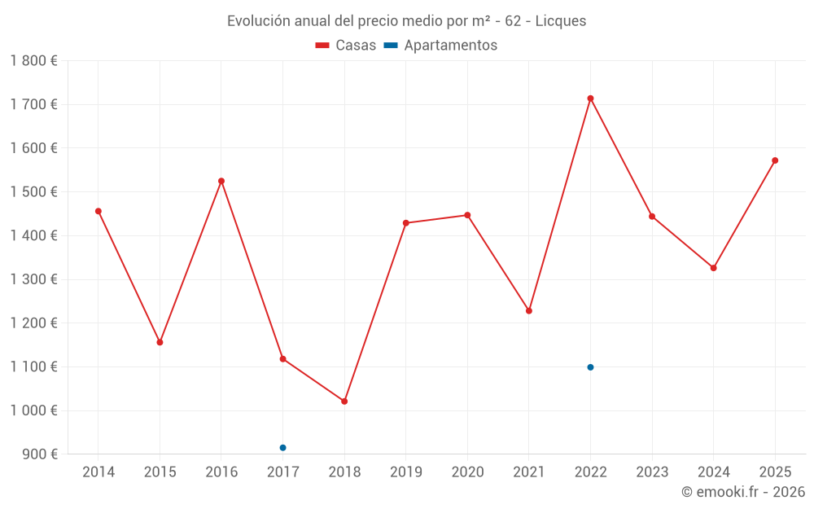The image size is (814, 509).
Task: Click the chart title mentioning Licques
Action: pyautogui.click(x=406, y=21)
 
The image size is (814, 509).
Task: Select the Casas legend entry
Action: pyautogui.click(x=346, y=46)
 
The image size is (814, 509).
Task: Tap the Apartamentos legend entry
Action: pyautogui.click(x=440, y=46)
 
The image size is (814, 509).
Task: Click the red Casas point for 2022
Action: pyautogui.click(x=590, y=99)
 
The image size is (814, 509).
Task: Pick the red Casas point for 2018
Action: pyautogui.click(x=344, y=401)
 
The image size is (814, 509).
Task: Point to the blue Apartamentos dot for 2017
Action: pyautogui.click(x=282, y=448)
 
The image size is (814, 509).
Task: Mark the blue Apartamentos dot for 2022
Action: pyautogui.click(x=590, y=367)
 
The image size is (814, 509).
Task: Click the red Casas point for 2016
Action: pyautogui.click(x=221, y=181)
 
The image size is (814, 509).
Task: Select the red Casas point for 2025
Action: pyautogui.click(x=775, y=160)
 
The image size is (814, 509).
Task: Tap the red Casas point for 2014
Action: pyautogui.click(x=98, y=211)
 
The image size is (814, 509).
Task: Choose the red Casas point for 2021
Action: pyautogui.click(x=529, y=311)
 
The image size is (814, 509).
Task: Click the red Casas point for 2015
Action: pyautogui.click(x=160, y=342)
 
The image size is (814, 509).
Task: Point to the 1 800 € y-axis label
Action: pyautogui.click(x=33, y=61)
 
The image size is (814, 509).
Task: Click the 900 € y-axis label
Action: pyautogui.click(x=38, y=454)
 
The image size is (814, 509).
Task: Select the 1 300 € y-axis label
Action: pyautogui.click(x=33, y=279)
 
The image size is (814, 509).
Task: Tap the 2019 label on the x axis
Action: pyautogui.click(x=405, y=472)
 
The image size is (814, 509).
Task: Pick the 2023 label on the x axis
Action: pyautogui.click(x=652, y=472)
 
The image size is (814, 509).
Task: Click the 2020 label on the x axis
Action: pyautogui.click(x=467, y=472)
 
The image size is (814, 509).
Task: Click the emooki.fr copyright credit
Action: pyautogui.click(x=742, y=492)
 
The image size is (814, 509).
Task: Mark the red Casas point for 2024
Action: pyautogui.click(x=713, y=268)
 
